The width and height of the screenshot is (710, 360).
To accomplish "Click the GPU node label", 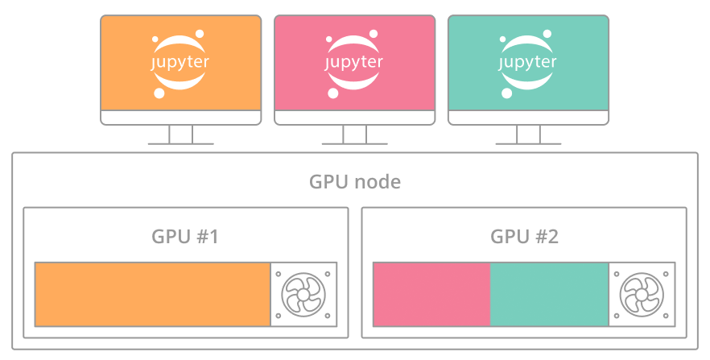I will [x=355, y=181].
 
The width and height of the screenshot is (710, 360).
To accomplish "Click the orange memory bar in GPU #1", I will [x=152, y=294].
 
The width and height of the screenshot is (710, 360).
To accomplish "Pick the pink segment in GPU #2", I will [x=431, y=294].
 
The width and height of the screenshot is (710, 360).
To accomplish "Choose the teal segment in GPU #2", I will [x=549, y=294].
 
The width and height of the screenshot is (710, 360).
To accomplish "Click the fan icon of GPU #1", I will [x=303, y=294].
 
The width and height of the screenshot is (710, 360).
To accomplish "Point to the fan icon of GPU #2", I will [x=642, y=294].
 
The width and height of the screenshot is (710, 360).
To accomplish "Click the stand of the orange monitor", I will [x=181, y=134].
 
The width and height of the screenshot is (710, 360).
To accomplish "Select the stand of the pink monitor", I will [x=355, y=134].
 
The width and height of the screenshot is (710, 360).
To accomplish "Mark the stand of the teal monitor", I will [x=528, y=134].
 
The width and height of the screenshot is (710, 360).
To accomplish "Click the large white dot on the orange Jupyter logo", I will [x=159, y=93].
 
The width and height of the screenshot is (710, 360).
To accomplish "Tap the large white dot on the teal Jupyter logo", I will [x=507, y=93].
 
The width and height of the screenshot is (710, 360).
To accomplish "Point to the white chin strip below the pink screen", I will [x=355, y=117].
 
